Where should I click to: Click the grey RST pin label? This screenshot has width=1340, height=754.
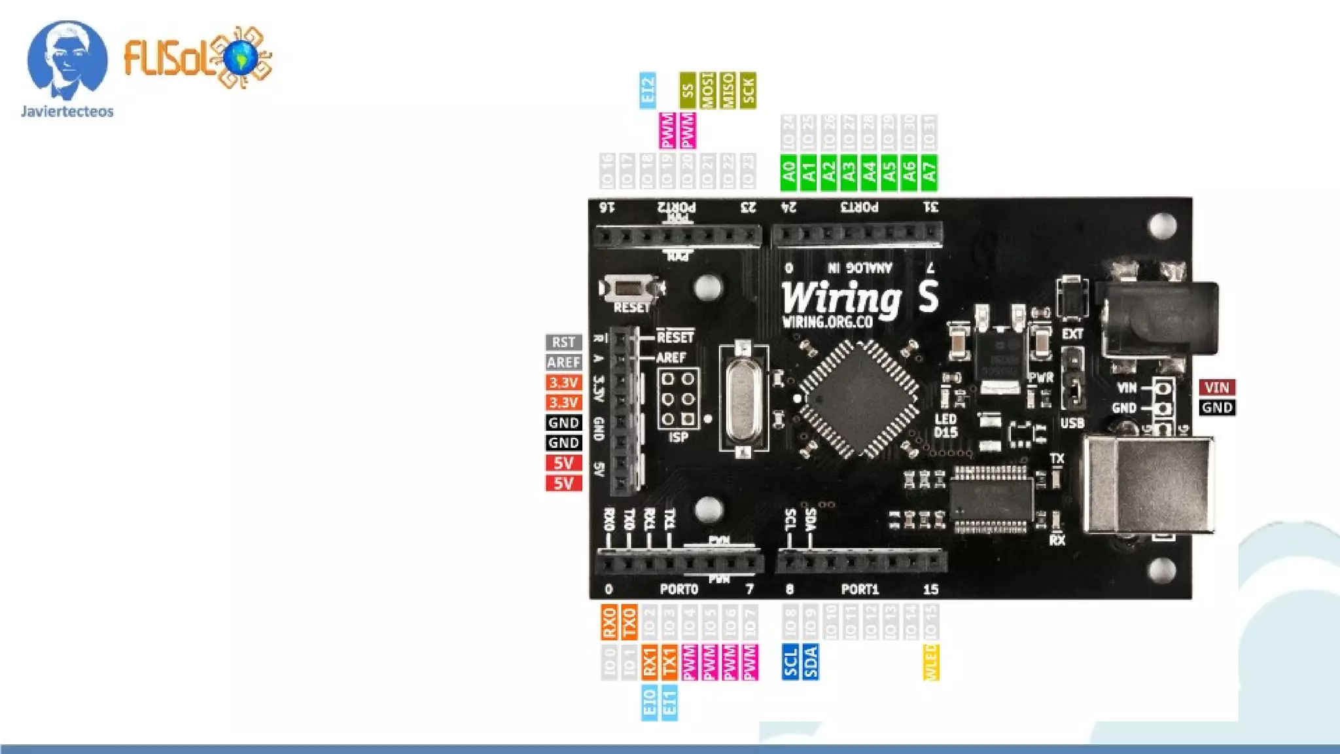pos(563,342)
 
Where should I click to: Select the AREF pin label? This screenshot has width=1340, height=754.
pos(563,363)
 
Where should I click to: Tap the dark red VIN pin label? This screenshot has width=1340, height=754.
pos(1217,387)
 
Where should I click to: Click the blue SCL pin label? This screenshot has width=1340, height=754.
pos(790,662)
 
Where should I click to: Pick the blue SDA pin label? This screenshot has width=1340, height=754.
pos(810,662)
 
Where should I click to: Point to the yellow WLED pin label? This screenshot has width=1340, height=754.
pos(930,662)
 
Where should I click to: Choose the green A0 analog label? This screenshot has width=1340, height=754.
pos(789,172)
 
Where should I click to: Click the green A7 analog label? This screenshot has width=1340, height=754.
pos(929,172)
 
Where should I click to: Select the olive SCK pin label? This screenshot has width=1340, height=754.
pos(748,90)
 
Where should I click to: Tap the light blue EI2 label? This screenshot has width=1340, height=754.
pos(648,90)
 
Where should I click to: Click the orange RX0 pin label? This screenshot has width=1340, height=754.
pos(609,622)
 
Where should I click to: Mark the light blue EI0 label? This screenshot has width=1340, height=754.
pos(649,702)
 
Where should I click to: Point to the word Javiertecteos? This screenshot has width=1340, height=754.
pos(67,112)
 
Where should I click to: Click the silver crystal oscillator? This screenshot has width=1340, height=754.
pos(743,397)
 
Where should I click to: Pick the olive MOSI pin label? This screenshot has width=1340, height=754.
pos(707,90)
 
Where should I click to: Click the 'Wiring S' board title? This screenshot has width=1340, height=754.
pos(860,298)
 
